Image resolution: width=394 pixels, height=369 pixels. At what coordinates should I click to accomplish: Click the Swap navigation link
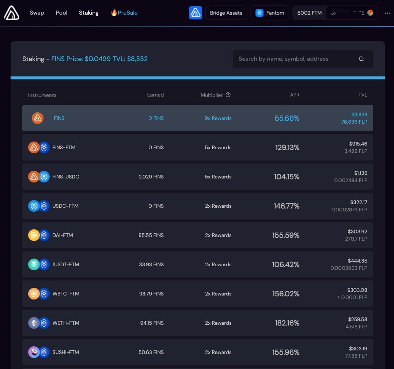pos(37,13)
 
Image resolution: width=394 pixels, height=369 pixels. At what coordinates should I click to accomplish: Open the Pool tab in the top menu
pos(61,13)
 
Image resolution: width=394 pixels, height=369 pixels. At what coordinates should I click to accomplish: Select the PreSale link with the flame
pos(124,13)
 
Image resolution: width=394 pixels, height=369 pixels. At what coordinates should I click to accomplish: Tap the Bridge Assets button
pos(226,13)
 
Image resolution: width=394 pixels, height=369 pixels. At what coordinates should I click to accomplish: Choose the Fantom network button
pos(270,13)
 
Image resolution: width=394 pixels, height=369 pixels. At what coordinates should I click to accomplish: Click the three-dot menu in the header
pos(387,13)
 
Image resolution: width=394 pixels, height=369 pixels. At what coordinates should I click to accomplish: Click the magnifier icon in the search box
pos(361,59)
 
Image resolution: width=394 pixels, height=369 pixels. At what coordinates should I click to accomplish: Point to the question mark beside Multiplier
pos(228,95)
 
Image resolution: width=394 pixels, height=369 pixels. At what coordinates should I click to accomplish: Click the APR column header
pos(294,95)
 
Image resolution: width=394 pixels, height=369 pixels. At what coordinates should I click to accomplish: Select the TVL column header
pos(363,95)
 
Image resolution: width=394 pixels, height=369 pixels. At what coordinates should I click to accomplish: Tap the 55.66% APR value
pos(287,118)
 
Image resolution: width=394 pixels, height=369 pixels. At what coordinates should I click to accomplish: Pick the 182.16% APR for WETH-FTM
pos(287,323)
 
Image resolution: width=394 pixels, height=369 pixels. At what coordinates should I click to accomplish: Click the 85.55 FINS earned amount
pos(151,235)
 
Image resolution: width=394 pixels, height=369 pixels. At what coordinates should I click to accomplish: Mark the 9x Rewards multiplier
pos(218,118)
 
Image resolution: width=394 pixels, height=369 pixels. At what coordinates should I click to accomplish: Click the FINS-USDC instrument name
pos(66,177)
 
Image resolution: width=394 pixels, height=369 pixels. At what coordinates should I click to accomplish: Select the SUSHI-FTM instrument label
pos(66,352)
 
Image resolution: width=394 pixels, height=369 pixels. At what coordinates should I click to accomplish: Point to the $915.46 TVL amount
pos(358,144)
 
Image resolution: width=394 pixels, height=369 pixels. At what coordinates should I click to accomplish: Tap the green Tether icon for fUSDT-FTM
pos(34,264)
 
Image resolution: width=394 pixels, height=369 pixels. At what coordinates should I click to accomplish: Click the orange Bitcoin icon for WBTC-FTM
pos(34,294)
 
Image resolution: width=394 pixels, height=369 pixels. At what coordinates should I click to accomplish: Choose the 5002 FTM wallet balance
pos(309,13)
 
